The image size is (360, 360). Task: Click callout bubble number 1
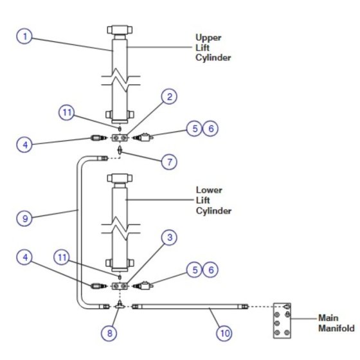24,36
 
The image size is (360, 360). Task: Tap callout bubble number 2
169,96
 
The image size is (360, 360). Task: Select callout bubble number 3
169,237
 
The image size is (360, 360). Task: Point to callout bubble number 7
169,162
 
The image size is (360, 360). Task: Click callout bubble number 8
109,333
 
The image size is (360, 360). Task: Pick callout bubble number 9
24,219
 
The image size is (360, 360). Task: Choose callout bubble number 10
224,333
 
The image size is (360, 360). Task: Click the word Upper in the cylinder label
208,38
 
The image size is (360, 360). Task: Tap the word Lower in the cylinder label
209,190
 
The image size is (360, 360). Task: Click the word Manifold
336,328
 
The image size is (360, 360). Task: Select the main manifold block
282,321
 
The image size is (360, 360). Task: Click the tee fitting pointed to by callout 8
119,305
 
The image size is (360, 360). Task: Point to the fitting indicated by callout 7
120,150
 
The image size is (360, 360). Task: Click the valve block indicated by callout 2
120,138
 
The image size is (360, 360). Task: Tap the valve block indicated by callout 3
120,286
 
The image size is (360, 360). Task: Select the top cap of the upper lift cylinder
120,30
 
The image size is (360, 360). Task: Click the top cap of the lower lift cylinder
120,178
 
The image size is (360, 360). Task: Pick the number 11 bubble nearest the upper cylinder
67,113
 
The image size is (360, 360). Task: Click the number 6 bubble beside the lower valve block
211,270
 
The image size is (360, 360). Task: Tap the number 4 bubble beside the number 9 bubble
24,257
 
